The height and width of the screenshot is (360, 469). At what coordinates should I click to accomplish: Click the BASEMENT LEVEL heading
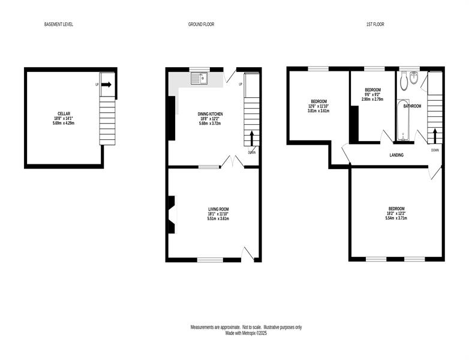[x=59, y=24]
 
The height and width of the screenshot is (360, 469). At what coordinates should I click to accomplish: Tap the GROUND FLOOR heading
[x=201, y=24]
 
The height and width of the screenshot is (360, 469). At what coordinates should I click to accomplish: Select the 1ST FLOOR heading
[x=375, y=24]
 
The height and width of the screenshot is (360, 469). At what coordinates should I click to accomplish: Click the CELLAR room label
[x=64, y=114]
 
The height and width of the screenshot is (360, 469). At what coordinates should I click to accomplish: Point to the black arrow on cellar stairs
[x=106, y=85]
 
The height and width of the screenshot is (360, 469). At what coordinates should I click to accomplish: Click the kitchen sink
[x=200, y=79]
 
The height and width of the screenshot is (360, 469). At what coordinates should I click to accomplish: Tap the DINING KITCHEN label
[x=211, y=114]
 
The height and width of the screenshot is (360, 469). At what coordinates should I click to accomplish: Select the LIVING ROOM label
[x=219, y=209]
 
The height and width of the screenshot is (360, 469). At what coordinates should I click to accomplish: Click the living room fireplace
[x=172, y=215]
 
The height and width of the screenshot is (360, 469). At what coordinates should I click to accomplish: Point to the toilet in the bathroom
[x=404, y=81]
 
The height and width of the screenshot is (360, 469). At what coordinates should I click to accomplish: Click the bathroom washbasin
[x=414, y=78]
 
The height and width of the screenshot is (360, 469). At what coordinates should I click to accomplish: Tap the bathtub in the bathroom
[x=404, y=120]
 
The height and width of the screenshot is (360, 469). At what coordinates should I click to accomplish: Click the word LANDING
[x=396, y=155]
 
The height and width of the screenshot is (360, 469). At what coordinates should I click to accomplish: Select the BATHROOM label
[x=412, y=106]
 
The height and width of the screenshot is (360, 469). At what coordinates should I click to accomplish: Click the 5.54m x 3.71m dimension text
[x=396, y=218]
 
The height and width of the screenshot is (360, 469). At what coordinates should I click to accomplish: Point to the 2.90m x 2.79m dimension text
[x=372, y=100]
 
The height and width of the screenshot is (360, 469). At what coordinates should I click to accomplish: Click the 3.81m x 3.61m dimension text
[x=318, y=111]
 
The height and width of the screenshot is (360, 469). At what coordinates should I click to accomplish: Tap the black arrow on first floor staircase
[x=435, y=136]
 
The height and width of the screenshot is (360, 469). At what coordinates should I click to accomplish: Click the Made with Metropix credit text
[x=246, y=333]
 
